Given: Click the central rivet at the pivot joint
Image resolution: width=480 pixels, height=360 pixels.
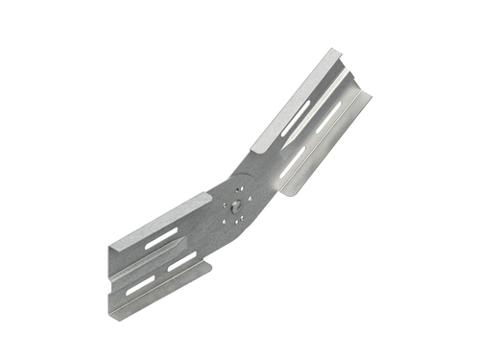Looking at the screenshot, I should click(x=237, y=204).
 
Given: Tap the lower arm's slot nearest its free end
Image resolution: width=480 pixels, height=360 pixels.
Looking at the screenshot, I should click(x=140, y=285).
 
